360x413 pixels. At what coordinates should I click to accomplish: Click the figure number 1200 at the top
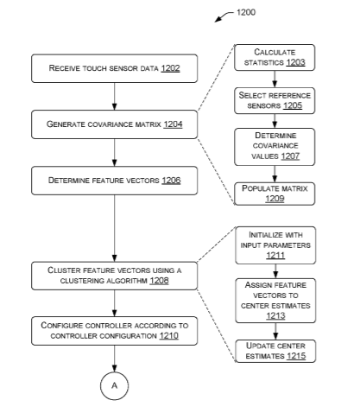pyautogui.click(x=246, y=12)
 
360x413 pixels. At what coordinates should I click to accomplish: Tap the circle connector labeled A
pyautogui.click(x=114, y=385)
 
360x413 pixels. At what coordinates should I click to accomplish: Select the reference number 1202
pyautogui.click(x=170, y=68)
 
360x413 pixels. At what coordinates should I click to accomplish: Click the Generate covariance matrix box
pyautogui.click(x=115, y=124)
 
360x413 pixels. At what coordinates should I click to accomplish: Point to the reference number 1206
pyautogui.click(x=171, y=181)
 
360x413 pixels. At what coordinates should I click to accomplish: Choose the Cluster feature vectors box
pyautogui.click(x=115, y=276)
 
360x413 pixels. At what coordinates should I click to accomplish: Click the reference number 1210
pyautogui.click(x=169, y=336)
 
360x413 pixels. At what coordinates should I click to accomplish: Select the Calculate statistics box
pyautogui.click(x=275, y=57)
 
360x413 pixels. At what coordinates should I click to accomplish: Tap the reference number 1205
pyautogui.click(x=293, y=105)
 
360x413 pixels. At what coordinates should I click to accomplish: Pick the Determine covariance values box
pyautogui.click(x=275, y=147)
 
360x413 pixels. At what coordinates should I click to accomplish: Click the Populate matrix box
pyautogui.click(x=275, y=194)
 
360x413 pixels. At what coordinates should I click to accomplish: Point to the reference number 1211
pyautogui.click(x=275, y=256)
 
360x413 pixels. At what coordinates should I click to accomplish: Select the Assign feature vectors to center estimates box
pyautogui.click(x=275, y=301)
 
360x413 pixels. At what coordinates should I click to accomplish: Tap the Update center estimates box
pyautogui.click(x=275, y=351)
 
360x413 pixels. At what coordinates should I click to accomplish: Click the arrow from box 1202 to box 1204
pyautogui.click(x=115, y=96)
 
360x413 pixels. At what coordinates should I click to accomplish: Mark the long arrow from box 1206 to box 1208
pyautogui.click(x=115, y=228)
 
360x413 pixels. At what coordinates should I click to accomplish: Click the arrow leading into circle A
pyautogui.click(x=115, y=359)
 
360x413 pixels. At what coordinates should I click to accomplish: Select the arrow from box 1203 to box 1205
pyautogui.click(x=275, y=79)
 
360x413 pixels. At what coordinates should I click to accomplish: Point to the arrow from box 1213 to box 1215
pyautogui.click(x=275, y=331)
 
